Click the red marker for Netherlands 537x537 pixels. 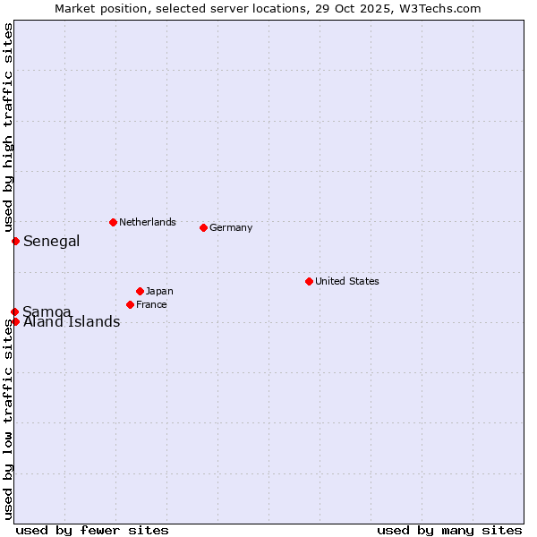(x=113, y=222)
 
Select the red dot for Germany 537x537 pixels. (x=203, y=227)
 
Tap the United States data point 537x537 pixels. (x=309, y=281)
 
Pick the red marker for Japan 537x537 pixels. (x=140, y=291)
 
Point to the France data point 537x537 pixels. (x=130, y=304)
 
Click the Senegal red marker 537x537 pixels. (x=15, y=241)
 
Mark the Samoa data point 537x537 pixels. (x=15, y=311)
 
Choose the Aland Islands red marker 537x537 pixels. (x=15, y=321)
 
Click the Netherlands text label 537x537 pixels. (x=147, y=222)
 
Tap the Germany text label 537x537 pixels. (x=231, y=227)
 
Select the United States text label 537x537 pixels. (x=346, y=281)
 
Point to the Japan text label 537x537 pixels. (x=159, y=291)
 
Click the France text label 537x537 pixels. (x=151, y=304)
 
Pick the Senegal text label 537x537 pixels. (x=51, y=241)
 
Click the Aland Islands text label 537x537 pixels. (x=72, y=322)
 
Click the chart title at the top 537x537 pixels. (x=268, y=8)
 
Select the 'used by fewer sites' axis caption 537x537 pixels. (x=92, y=530)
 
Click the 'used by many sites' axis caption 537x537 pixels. (x=449, y=530)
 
